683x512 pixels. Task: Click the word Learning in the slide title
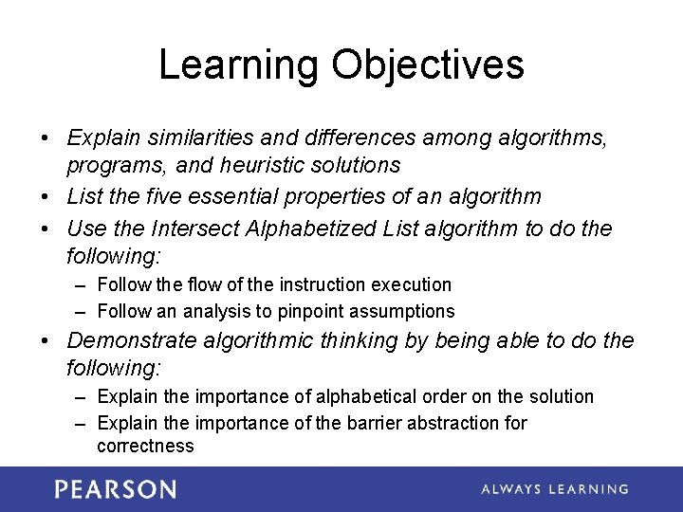click(x=238, y=65)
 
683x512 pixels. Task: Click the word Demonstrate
click(x=133, y=340)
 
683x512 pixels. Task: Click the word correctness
click(x=145, y=446)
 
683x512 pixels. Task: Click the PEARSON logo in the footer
click(x=115, y=489)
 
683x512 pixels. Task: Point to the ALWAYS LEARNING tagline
click(x=555, y=489)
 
